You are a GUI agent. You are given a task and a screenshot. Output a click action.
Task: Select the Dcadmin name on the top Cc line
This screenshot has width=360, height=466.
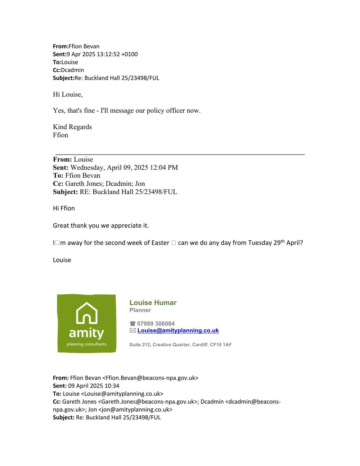click(72, 70)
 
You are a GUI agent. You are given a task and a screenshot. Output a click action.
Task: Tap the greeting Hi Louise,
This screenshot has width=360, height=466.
click(68, 94)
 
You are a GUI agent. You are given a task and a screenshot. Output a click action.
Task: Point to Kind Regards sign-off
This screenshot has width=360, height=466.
click(72, 127)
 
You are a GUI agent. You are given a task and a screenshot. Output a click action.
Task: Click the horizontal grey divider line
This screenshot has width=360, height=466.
click(180, 154)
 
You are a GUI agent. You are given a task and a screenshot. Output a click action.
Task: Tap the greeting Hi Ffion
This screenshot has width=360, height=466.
click(64, 208)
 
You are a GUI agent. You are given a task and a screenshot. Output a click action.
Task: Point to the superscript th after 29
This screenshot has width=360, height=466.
click(283, 241)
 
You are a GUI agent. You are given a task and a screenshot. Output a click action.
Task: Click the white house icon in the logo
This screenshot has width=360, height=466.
click(87, 313)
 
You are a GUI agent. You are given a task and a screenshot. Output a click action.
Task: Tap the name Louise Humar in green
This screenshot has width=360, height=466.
click(153, 303)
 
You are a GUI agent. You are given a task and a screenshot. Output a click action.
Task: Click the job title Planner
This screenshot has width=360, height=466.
click(140, 310)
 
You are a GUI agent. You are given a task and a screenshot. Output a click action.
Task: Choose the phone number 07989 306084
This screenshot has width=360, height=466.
click(156, 324)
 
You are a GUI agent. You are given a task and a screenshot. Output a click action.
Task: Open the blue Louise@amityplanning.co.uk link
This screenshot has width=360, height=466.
click(178, 331)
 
